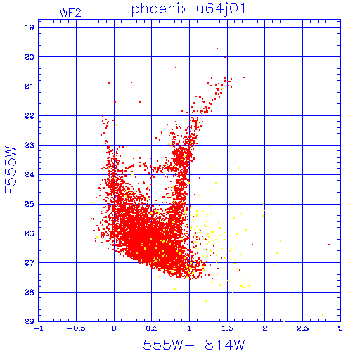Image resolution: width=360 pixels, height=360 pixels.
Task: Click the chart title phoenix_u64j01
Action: pyautogui.click(x=188, y=9)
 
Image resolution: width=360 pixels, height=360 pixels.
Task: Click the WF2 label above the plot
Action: pyautogui.click(x=70, y=13)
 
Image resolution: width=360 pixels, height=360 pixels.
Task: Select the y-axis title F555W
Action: pyautogui.click(x=11, y=170)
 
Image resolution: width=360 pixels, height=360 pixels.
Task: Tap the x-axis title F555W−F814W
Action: pyautogui.click(x=190, y=345)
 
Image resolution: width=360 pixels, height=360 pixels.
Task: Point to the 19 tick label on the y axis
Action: pyautogui.click(x=30, y=27)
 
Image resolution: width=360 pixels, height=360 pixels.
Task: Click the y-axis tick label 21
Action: pyautogui.click(x=30, y=86)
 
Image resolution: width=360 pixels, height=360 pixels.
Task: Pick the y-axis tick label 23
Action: pyautogui.click(x=30, y=145)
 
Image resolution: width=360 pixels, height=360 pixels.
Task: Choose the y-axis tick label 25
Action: pyautogui.click(x=30, y=204)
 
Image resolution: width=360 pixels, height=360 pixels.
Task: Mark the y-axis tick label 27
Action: pyautogui.click(x=30, y=263)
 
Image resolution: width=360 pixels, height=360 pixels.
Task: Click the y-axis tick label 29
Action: pyautogui.click(x=30, y=321)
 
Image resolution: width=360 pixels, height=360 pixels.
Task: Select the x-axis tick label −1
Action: pyautogui.click(x=39, y=328)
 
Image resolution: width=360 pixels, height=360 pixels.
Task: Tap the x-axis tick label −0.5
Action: pyautogui.click(x=76, y=328)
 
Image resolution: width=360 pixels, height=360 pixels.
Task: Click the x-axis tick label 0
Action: pyautogui.click(x=114, y=328)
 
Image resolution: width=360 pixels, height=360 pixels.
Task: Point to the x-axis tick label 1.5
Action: pyautogui.click(x=227, y=328)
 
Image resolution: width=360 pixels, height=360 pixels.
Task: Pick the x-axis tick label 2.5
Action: pyautogui.click(x=303, y=328)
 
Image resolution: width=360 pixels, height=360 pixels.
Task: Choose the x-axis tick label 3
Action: pyautogui.click(x=340, y=328)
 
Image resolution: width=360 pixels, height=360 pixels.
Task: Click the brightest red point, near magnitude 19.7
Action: pyautogui.click(x=217, y=49)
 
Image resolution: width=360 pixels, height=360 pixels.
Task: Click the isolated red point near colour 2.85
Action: pyautogui.click(x=329, y=245)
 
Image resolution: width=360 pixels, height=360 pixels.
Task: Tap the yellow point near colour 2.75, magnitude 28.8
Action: pyautogui.click(x=323, y=314)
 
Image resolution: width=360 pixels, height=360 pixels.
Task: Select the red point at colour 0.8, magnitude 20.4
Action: pyautogui.click(x=176, y=67)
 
